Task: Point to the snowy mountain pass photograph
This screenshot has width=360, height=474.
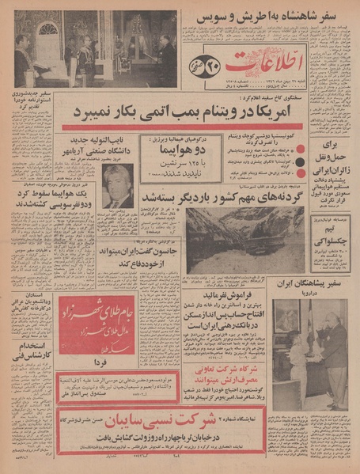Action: click(x=235, y=240)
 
